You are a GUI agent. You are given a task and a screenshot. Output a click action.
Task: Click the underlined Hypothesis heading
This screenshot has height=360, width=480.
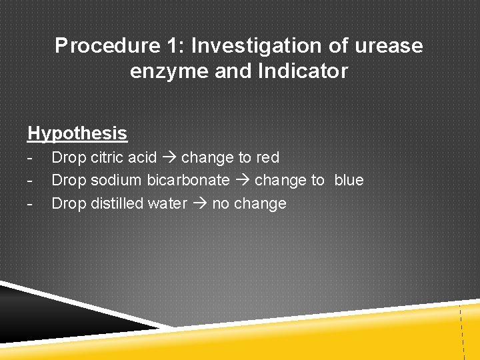[77, 133]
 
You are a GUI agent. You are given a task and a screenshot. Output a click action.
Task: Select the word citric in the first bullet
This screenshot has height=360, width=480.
[104, 158]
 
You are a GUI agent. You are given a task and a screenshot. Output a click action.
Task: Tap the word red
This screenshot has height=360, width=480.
[267, 158]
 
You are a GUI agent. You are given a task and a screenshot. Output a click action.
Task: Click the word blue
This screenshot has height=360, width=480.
[349, 181]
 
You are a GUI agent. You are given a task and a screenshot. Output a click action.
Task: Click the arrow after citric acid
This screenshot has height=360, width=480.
[169, 158]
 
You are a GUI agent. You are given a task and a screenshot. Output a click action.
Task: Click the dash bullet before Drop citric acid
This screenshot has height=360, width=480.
[30, 158]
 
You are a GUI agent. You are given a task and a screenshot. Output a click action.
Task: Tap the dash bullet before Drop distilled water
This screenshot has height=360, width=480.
[30, 203]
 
